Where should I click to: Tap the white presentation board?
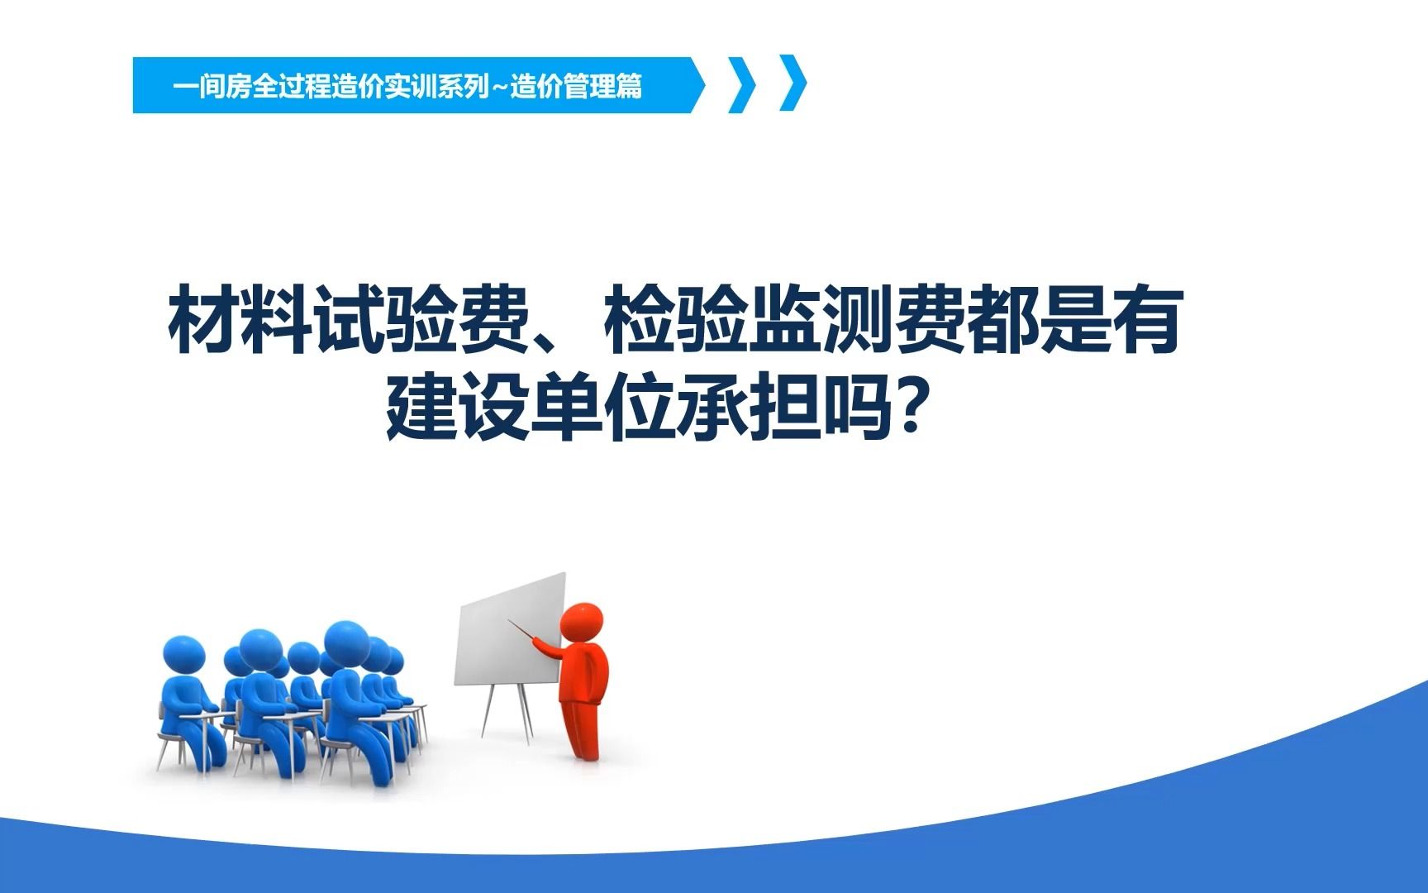510,630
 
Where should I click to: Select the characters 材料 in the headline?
240,320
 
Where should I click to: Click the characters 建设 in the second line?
458,408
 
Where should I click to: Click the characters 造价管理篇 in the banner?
576,86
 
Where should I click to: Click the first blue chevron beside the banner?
742,84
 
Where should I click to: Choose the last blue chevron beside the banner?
793,84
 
